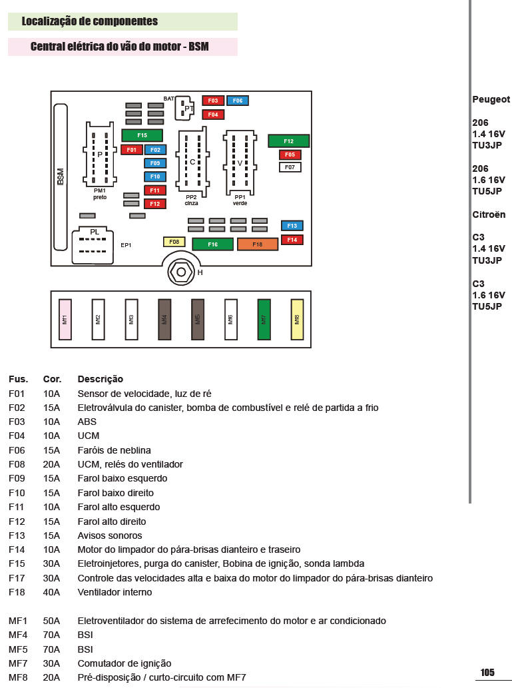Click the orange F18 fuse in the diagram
pyautogui.click(x=257, y=244)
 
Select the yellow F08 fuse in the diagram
pyautogui.click(x=174, y=242)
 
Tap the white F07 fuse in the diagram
pyautogui.click(x=290, y=167)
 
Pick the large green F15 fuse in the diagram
pyautogui.click(x=142, y=135)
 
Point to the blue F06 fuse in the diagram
pyautogui.click(x=238, y=101)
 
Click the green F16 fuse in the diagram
pyautogui.click(x=212, y=244)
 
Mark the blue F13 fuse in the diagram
pyautogui.click(x=292, y=226)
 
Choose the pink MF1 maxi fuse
pyautogui.click(x=65, y=319)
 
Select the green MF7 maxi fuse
pyautogui.click(x=264, y=319)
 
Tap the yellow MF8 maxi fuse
pyautogui.click(x=298, y=319)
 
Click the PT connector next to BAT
pyautogui.click(x=187, y=107)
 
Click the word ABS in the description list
pyautogui.click(x=87, y=422)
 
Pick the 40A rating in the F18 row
pyautogui.click(x=51, y=592)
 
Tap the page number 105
pyautogui.click(x=487, y=673)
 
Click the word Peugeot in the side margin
pyautogui.click(x=491, y=99)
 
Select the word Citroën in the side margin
pyautogui.click(x=489, y=214)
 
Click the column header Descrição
pyautogui.click(x=101, y=379)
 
